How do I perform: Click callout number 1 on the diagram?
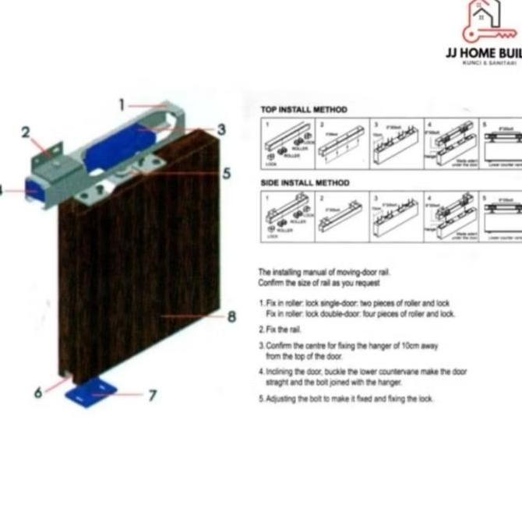(122, 104)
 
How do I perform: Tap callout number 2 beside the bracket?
(26, 132)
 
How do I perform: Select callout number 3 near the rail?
(221, 129)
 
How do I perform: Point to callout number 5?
(227, 173)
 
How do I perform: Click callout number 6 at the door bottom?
(37, 392)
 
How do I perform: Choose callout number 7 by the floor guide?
(153, 395)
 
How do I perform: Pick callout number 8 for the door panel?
(231, 316)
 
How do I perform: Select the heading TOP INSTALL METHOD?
(304, 110)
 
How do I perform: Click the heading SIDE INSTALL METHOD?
(305, 183)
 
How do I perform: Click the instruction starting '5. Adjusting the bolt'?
(346, 399)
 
